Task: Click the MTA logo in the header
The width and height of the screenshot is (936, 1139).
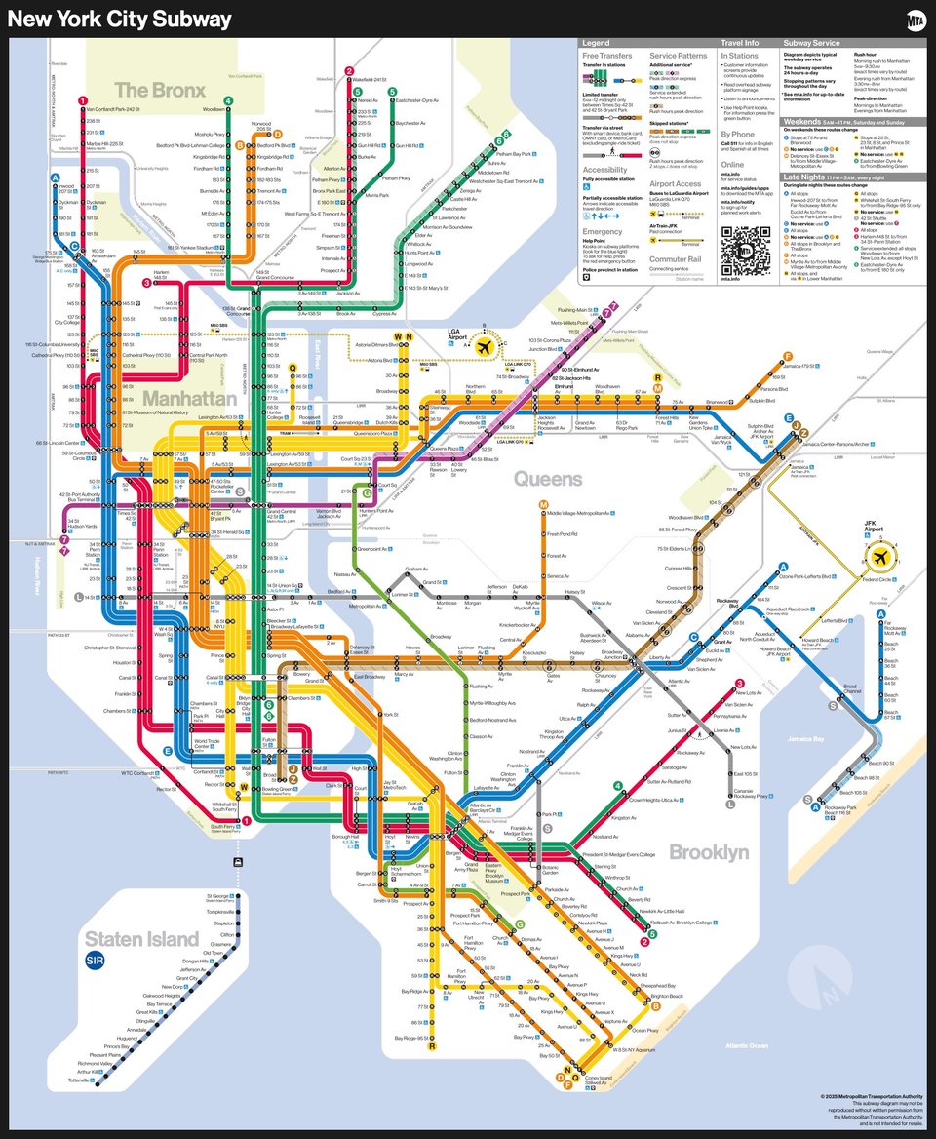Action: tap(915, 20)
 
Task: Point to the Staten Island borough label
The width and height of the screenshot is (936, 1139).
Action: tap(141, 939)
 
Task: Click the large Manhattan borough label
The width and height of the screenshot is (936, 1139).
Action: tap(190, 399)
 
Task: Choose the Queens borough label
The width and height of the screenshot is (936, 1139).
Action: tap(547, 479)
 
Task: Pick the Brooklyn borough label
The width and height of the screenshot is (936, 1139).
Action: tap(709, 853)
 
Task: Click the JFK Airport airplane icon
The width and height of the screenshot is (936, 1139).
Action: tap(880, 558)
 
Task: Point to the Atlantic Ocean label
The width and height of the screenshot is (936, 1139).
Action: tap(747, 1046)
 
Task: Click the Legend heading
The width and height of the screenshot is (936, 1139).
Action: tap(596, 44)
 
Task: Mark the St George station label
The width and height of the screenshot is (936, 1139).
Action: tap(217, 895)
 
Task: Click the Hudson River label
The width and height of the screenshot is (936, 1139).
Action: tap(39, 575)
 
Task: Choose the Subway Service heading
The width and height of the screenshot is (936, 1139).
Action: tap(811, 44)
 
